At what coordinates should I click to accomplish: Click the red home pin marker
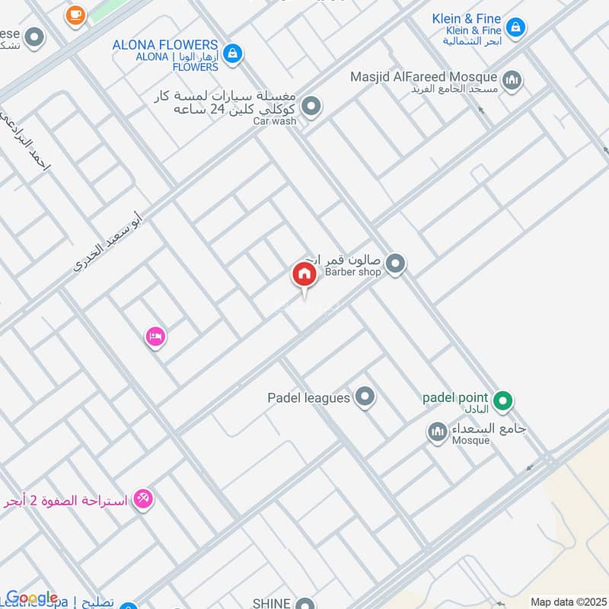[x=304, y=275]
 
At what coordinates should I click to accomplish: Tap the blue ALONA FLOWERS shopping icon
[x=234, y=53]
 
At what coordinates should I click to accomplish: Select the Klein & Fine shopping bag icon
[x=516, y=28]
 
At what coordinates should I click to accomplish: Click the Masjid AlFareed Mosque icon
[x=512, y=78]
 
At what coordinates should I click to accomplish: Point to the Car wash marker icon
[x=310, y=107]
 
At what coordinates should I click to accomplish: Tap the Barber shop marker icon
[x=394, y=264]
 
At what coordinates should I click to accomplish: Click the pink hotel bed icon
[x=155, y=336]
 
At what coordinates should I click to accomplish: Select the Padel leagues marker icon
[x=366, y=396]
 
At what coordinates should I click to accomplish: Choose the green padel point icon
[x=502, y=399]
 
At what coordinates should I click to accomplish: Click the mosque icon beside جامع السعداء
[x=437, y=432]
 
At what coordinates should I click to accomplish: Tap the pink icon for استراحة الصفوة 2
[x=142, y=499]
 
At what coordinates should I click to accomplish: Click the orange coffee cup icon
[x=75, y=14]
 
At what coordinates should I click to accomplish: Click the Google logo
[x=32, y=598]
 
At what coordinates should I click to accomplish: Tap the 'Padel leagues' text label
[x=308, y=397]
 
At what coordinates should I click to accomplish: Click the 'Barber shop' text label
[x=352, y=272]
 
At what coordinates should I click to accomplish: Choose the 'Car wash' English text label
[x=274, y=121]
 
